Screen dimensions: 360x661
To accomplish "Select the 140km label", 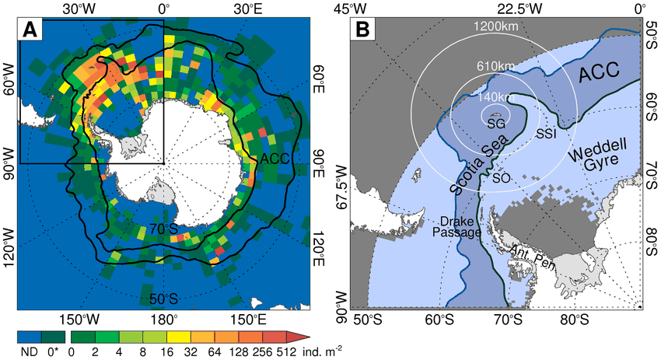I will point(496,96).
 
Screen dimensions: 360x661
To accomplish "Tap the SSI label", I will point(546,134).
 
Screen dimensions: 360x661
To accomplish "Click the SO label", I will point(502,178).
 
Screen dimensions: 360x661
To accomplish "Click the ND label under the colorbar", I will point(30,351).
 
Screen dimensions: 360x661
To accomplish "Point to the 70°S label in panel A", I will point(163,229).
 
